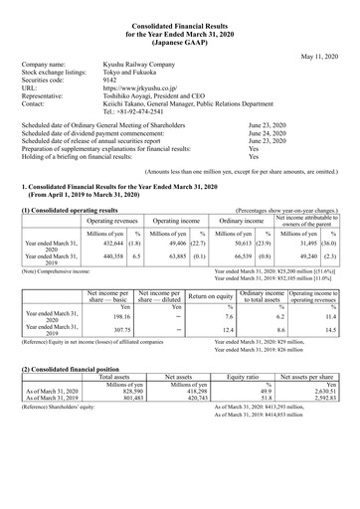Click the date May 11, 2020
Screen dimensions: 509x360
pyautogui.click(x=320, y=56)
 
